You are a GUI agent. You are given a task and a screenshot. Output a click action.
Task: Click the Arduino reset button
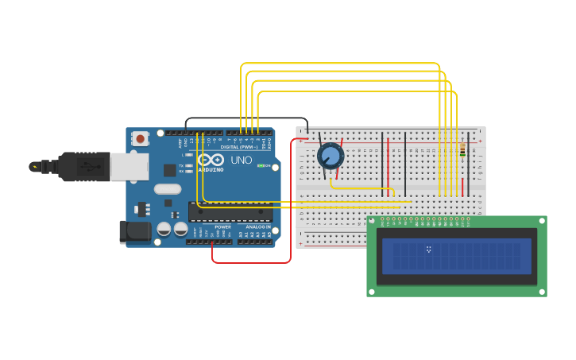[x=141, y=138]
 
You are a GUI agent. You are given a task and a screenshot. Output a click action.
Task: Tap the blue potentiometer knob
[x=331, y=155]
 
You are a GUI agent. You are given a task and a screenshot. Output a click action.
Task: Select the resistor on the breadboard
[x=462, y=150]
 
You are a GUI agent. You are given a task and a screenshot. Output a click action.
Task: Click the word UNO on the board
[x=241, y=161]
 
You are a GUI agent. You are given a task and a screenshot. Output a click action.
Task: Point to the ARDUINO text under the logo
[x=211, y=169]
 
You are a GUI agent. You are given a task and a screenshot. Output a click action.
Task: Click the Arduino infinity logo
[x=211, y=159]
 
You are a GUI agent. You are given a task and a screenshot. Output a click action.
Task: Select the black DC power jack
[x=134, y=231]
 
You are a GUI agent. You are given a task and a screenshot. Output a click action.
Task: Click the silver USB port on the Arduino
[x=129, y=167]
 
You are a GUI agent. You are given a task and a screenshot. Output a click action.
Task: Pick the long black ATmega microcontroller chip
[x=230, y=212]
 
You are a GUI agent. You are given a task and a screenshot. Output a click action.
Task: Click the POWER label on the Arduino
[x=222, y=227]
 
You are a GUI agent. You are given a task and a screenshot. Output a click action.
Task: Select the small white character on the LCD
[x=428, y=250]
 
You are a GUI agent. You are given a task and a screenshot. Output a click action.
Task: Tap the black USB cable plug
[x=84, y=167]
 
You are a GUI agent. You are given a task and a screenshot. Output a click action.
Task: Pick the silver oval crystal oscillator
[x=168, y=189]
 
